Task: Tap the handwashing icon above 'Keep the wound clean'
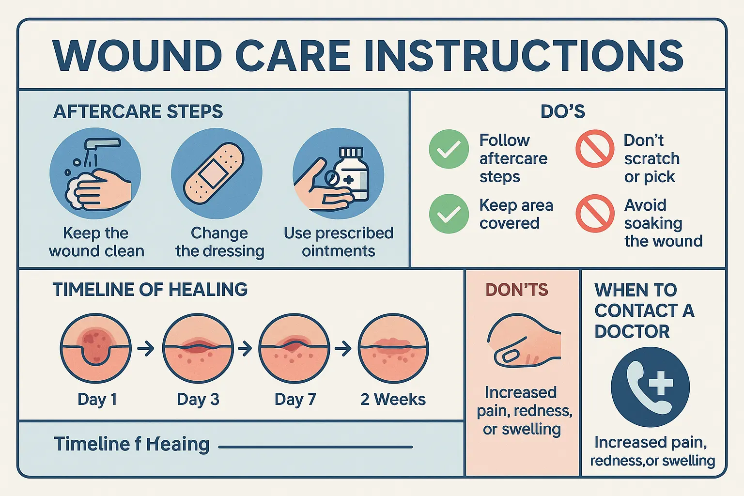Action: (x=95, y=174)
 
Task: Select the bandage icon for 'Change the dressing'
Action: (x=216, y=173)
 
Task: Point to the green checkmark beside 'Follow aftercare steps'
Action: (x=449, y=149)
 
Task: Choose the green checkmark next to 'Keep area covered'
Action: (x=449, y=214)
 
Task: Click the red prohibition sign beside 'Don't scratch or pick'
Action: (x=595, y=149)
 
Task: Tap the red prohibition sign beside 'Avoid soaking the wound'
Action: (x=595, y=214)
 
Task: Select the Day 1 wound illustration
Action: (x=95, y=348)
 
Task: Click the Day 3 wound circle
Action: (x=198, y=348)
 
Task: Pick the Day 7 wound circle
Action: (x=294, y=348)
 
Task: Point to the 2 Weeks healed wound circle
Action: (x=393, y=348)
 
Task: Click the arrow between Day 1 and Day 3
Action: (x=146, y=348)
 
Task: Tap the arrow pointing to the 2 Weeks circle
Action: (x=343, y=348)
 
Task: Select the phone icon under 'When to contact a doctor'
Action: (x=650, y=387)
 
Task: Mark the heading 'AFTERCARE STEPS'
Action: (x=138, y=112)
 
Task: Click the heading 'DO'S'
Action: (x=562, y=112)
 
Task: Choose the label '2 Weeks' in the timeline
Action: (x=393, y=399)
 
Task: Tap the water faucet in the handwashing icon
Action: (x=102, y=143)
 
